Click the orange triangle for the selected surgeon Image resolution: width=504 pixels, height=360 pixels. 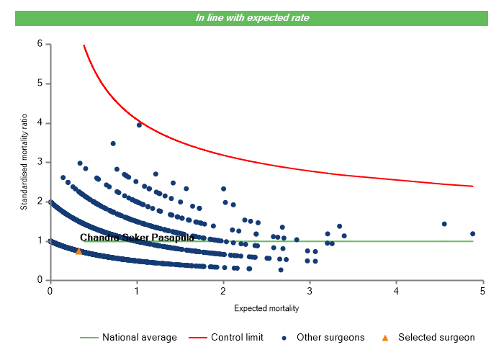[78, 251]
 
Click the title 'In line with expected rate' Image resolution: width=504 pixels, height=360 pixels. [252, 17]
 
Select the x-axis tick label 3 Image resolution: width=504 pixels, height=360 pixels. [310, 291]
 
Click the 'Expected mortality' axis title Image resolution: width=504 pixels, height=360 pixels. [266, 309]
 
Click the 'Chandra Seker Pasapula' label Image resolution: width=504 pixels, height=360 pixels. [137, 237]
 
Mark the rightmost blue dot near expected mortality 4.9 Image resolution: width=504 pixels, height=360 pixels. [472, 234]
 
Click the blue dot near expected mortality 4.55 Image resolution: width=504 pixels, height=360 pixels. [444, 224]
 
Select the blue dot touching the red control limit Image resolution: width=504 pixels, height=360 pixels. [139, 125]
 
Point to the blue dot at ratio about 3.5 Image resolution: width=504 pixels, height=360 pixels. [113, 143]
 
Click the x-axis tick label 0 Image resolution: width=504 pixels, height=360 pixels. [50, 291]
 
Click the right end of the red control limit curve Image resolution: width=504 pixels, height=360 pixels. [472, 186]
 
